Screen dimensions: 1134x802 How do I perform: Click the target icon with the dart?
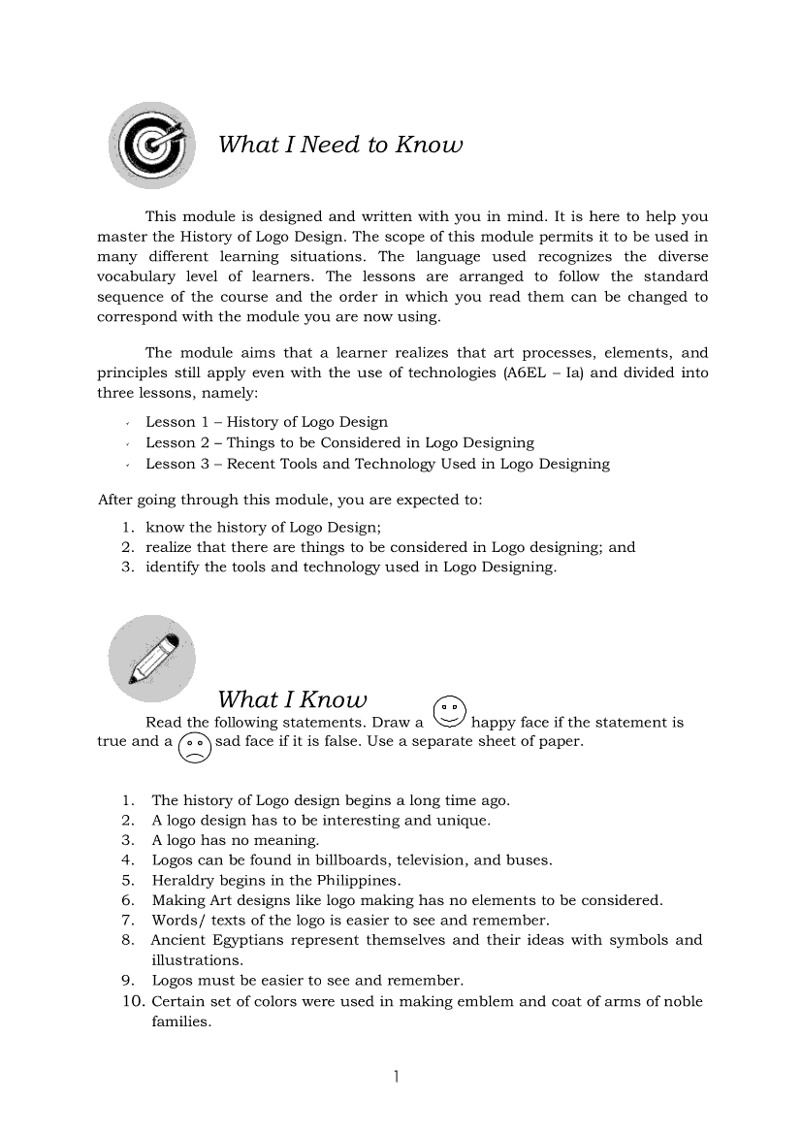[x=151, y=145]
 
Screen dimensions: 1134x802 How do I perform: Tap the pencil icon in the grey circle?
[x=151, y=659]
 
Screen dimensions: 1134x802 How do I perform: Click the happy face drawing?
[x=449, y=712]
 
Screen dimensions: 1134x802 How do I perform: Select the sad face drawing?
[x=194, y=745]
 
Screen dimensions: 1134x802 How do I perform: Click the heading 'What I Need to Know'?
[x=340, y=146]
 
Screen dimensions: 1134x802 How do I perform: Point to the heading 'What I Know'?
[x=292, y=699]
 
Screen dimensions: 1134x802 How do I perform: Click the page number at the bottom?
[x=398, y=1077]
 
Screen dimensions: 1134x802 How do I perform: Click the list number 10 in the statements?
[x=133, y=1001]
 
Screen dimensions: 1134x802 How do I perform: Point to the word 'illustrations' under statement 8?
[x=196, y=960]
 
